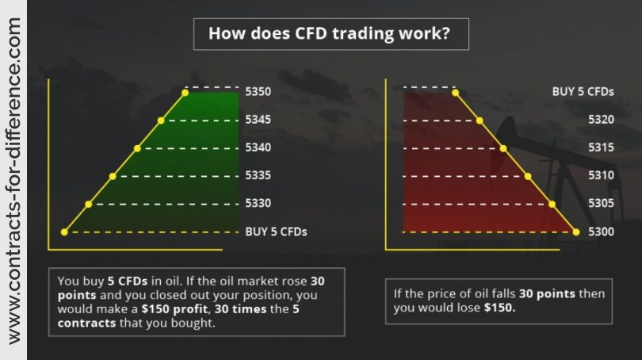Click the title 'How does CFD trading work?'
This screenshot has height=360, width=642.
pos(329,33)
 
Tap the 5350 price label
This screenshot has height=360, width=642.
pos(258,91)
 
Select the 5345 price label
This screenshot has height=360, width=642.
pos(258,120)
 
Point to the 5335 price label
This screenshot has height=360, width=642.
pos(258,175)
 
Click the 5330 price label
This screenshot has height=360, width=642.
pos(258,203)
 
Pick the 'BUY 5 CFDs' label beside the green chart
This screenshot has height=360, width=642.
pos(276,232)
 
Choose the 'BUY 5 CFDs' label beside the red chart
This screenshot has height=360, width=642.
pos(583,91)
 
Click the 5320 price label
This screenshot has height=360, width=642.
pos(601,120)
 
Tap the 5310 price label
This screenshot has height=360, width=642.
pos(601,175)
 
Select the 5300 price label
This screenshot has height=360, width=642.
pos(601,232)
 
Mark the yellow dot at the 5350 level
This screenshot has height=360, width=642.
pos(185,93)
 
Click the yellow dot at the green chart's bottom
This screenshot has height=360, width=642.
pos(64,232)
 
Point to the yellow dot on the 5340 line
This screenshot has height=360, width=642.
pos(137,148)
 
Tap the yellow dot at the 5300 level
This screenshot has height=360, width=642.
pos(576,232)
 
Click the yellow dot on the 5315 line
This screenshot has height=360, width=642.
pos(503,148)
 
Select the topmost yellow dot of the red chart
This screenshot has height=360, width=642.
pos(455,93)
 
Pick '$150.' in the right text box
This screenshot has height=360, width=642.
pos(499,308)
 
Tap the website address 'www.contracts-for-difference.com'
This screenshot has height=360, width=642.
pos(14,180)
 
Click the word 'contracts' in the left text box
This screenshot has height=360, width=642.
pos(87,323)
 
